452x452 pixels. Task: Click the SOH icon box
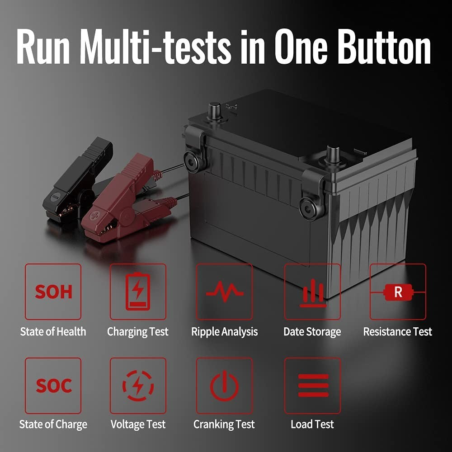click(x=53, y=292)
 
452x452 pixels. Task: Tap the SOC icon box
click(x=53, y=386)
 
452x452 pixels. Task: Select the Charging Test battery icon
click(x=138, y=292)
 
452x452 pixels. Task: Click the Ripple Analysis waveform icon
click(x=225, y=292)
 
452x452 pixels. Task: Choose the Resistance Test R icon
click(x=398, y=292)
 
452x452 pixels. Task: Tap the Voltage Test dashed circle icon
click(x=138, y=386)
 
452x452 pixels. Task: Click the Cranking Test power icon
click(x=224, y=386)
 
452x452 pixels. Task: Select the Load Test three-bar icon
click(x=313, y=386)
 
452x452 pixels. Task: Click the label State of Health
click(x=53, y=331)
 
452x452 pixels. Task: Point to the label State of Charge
click(x=53, y=424)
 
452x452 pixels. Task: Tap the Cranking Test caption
click(x=224, y=424)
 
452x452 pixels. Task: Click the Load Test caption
click(x=312, y=424)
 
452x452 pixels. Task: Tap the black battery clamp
click(x=78, y=179)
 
